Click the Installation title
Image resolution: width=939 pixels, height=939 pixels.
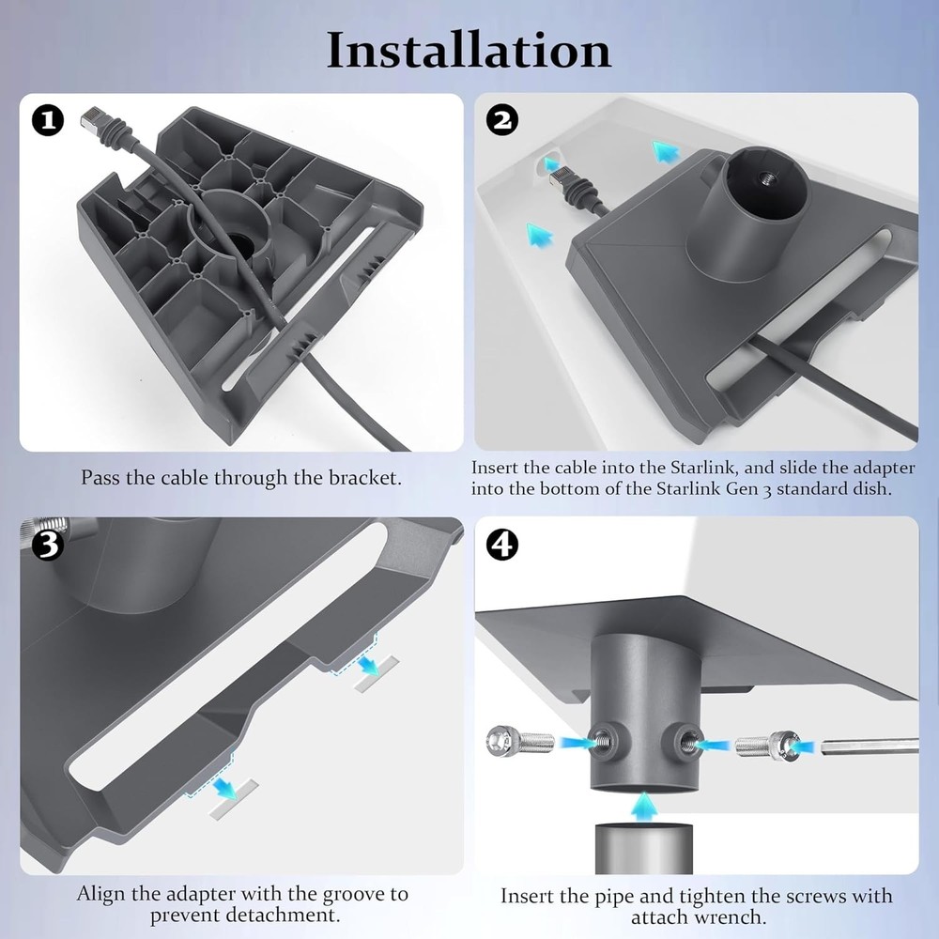coord(469,50)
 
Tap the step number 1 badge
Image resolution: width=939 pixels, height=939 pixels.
coord(48,121)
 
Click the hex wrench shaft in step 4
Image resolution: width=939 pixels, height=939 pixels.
coord(869,747)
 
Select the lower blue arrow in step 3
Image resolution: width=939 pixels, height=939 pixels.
coord(223,787)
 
